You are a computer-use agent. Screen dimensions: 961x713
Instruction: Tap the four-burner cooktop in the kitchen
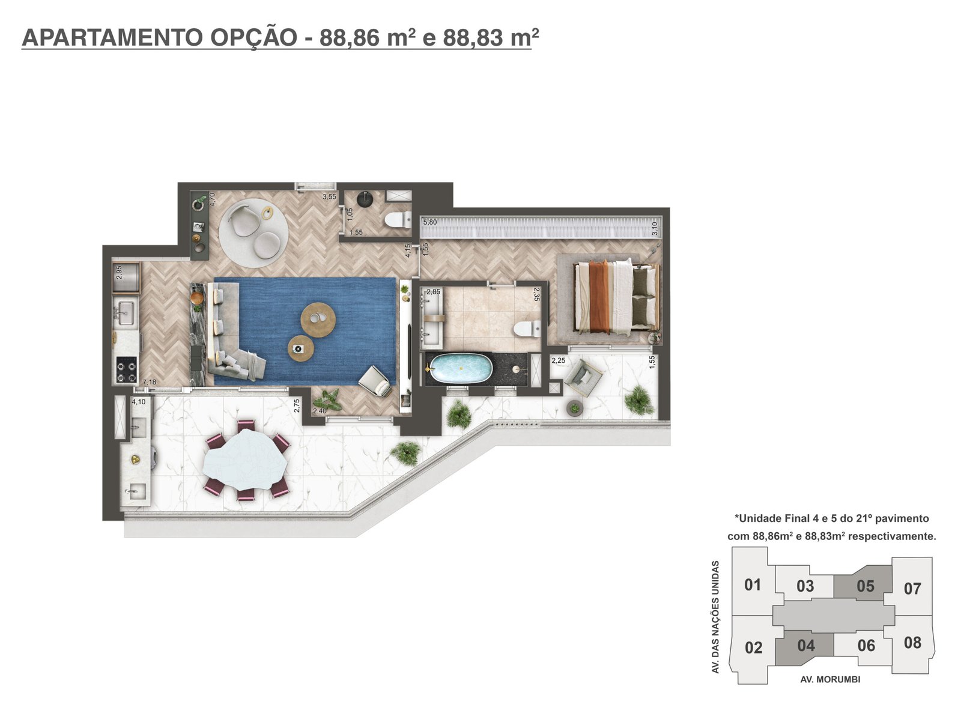point(127,370)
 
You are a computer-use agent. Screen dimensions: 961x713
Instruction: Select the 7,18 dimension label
point(150,382)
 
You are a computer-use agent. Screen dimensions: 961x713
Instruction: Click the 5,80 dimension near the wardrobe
point(430,222)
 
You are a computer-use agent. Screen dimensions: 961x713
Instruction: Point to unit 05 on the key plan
point(866,586)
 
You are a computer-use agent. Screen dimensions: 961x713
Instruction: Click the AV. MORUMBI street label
point(830,679)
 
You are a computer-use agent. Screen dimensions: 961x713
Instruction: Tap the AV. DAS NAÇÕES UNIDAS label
point(716,617)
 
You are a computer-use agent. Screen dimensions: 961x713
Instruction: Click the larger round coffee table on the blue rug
point(318,320)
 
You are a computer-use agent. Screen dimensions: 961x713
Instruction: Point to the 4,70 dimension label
point(212,200)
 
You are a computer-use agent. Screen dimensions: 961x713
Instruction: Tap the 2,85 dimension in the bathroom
point(433,292)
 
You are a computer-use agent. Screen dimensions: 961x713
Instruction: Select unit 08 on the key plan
point(912,643)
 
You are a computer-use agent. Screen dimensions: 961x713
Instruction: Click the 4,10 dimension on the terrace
point(139,402)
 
